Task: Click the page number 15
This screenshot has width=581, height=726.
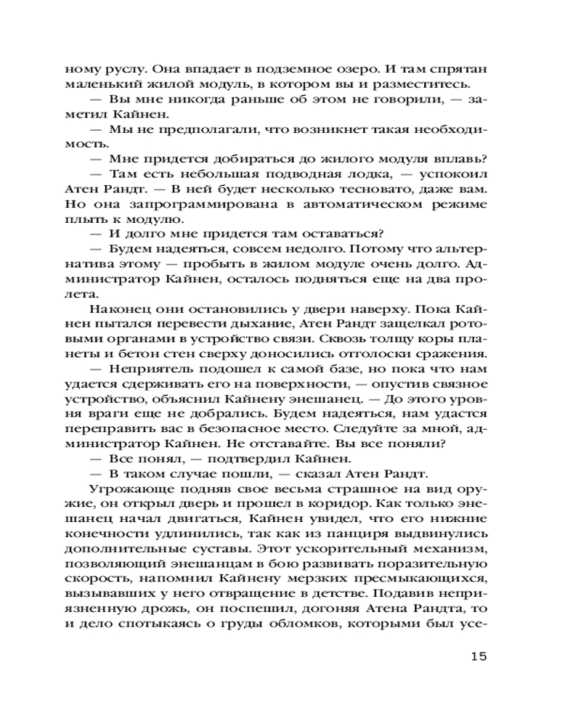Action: pos(474,656)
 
